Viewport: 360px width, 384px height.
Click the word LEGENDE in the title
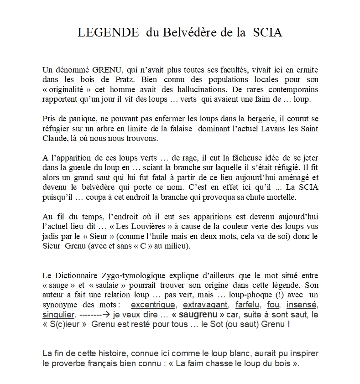click(108, 33)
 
